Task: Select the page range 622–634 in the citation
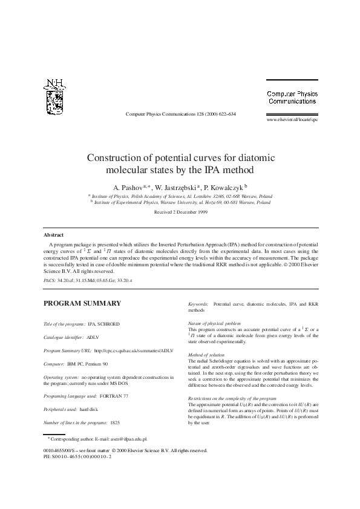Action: coord(224,114)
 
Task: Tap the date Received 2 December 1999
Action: coord(181,213)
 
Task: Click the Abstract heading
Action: coord(54,234)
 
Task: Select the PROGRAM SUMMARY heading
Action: coord(82,303)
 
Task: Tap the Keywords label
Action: coord(198,302)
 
